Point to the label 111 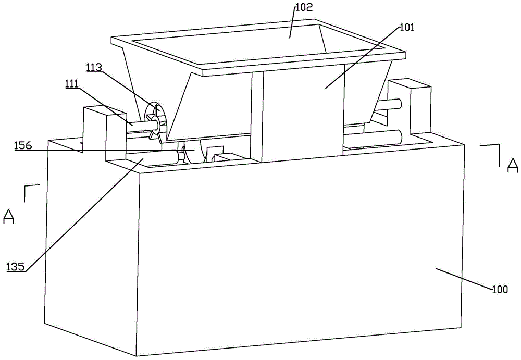tap(73, 83)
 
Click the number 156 tap(23, 147)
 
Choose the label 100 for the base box tap(500, 290)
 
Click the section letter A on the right tap(513, 166)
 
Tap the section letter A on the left tap(9, 216)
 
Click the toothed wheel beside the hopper tap(155, 121)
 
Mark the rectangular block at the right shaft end tap(412, 107)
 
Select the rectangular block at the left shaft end tap(95, 133)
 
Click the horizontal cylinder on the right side tap(373, 139)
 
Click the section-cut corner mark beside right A tap(493, 151)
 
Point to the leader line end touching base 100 tap(436, 269)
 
